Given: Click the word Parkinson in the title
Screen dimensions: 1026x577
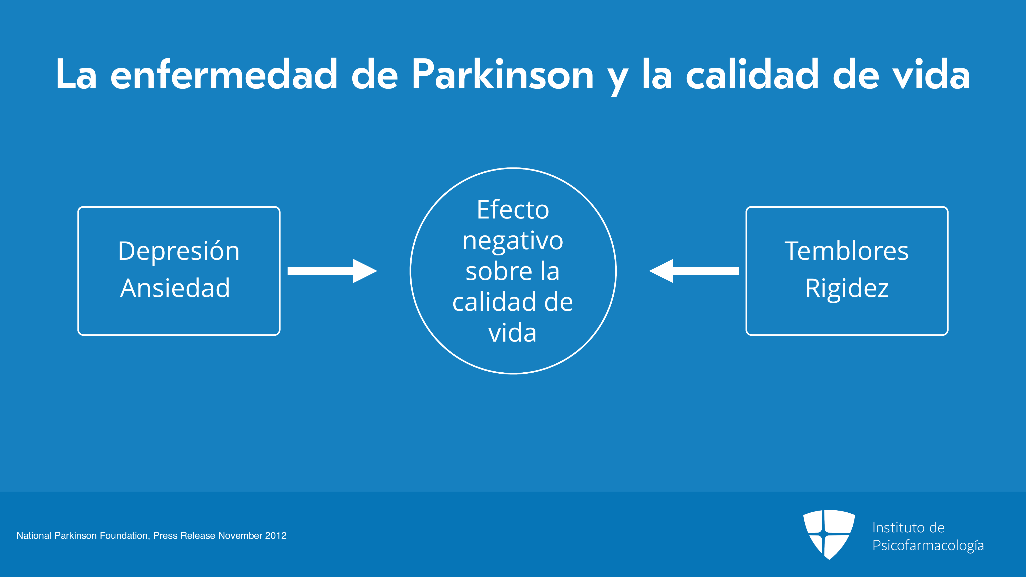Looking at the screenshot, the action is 503,74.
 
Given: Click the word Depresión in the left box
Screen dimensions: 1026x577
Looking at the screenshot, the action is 179,252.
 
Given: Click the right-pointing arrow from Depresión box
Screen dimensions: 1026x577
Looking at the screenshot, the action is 332,271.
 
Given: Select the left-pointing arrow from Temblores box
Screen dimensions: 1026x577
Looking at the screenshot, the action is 694,271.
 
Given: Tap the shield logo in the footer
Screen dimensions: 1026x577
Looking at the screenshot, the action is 829,534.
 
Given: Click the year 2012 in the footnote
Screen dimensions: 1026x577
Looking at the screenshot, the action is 276,536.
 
